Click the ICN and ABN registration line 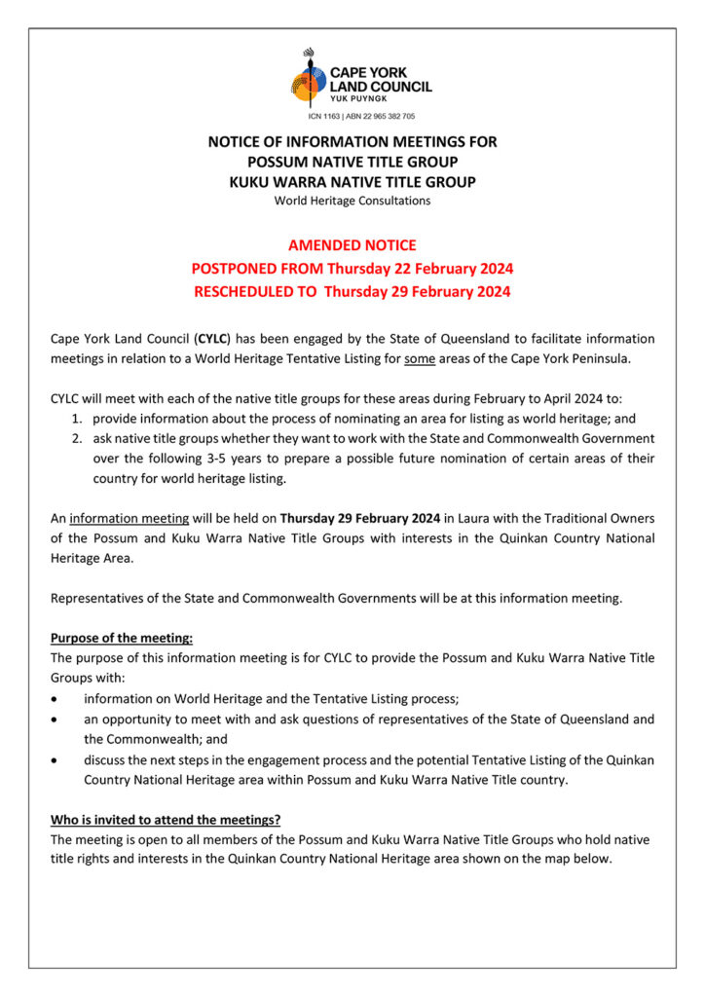(x=352, y=115)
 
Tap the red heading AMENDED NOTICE (x=352, y=245)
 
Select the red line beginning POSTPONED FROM (x=352, y=269)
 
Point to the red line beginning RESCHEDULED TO (x=352, y=291)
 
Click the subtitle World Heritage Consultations (x=352, y=202)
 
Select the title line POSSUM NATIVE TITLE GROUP (x=352, y=162)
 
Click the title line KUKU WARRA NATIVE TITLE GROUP (x=352, y=182)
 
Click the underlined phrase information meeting (x=115, y=518)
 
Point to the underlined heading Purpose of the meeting (x=122, y=638)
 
